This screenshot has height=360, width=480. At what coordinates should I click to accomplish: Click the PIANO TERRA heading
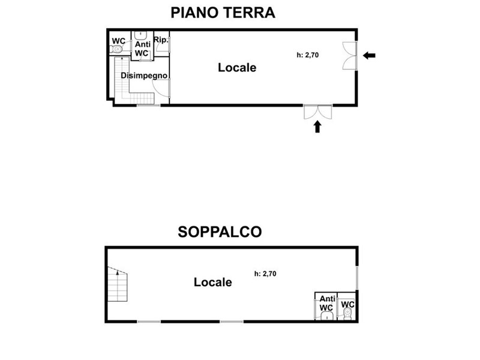223,13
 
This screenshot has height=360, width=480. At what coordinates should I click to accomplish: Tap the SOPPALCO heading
220,232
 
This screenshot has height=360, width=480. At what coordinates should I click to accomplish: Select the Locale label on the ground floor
237,68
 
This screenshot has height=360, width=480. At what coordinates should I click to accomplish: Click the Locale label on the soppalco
213,282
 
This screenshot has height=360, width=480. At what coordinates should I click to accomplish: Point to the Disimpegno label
144,76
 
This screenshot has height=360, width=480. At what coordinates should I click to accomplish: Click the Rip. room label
161,40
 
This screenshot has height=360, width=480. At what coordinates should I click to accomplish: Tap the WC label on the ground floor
118,41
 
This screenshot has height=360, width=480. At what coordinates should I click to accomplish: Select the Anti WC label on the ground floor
142,49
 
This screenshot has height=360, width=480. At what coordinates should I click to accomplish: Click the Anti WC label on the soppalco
327,303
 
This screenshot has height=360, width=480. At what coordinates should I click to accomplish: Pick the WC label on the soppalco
348,304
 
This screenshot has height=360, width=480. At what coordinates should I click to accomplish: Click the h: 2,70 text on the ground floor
308,55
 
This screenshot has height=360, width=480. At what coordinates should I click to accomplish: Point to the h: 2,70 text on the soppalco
265,274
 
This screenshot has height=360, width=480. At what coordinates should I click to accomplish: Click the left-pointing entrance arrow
369,55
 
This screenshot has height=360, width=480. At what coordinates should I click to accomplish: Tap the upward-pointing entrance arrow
317,127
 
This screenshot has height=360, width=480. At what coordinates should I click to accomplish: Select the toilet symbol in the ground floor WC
116,49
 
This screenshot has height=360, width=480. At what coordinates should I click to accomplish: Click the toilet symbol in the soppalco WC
348,313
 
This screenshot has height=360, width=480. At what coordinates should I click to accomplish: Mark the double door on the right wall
350,56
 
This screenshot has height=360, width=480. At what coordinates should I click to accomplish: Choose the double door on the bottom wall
318,112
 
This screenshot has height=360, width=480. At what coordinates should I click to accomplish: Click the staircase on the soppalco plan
117,284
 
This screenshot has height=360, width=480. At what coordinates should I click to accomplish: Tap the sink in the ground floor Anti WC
140,34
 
